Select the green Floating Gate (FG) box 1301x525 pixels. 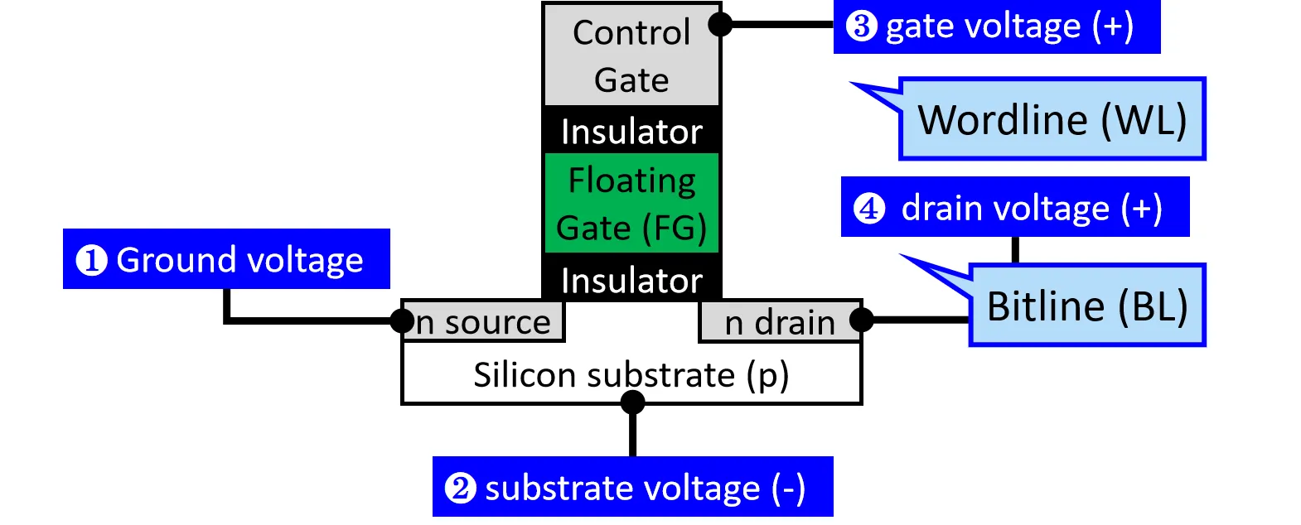(631, 204)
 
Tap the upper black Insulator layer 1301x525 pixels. (631, 131)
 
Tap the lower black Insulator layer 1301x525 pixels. (631, 280)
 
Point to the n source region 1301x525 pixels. (484, 321)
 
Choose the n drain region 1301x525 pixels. (779, 322)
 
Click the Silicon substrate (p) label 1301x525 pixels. (631, 375)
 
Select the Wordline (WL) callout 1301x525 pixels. (1052, 119)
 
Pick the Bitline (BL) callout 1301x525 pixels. (1086, 306)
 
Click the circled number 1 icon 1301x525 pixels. (91, 260)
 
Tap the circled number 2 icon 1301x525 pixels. (461, 488)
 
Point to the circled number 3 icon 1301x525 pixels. (862, 26)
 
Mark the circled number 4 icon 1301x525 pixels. (869, 208)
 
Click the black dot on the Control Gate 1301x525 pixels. (721, 25)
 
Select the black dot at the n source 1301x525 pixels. (403, 320)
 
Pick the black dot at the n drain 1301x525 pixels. (862, 320)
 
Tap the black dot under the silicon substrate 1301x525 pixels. (632, 402)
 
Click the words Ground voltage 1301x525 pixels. (239, 260)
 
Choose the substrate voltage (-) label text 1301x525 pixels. (645, 488)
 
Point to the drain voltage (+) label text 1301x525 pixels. (1032, 208)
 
